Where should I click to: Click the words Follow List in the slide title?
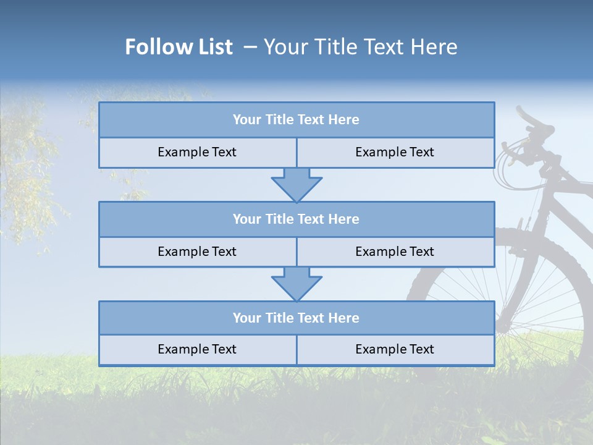point(179,47)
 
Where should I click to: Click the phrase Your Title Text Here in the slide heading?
point(360,47)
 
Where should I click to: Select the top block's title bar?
point(296,120)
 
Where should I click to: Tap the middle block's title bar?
point(296,219)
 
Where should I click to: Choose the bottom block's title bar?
point(296,318)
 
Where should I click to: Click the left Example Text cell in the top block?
point(197,152)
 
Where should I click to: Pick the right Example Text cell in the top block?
point(395,152)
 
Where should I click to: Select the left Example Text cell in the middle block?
point(197,252)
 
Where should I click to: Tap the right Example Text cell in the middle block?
point(395,252)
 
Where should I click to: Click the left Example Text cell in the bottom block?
point(197,349)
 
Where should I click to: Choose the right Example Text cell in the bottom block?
point(395,349)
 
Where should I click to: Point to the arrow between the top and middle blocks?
point(296,184)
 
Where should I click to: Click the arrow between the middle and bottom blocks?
point(296,284)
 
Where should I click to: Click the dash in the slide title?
point(250,47)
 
